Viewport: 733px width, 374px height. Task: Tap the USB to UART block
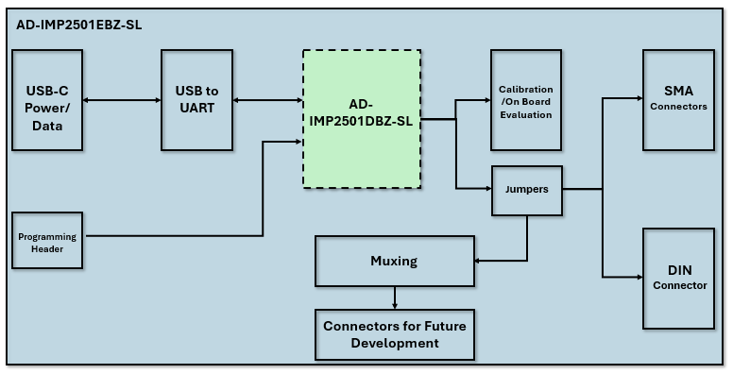[x=196, y=99]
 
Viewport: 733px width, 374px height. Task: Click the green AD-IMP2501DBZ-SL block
[x=361, y=119]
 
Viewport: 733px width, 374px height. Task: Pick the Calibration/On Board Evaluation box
[x=525, y=100]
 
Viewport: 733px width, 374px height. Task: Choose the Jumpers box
[x=526, y=189]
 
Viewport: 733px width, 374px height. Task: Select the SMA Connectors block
[x=678, y=99]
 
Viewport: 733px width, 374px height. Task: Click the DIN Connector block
[x=678, y=278]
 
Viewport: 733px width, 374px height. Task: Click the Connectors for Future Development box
[x=394, y=334]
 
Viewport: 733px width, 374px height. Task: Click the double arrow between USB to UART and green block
[x=267, y=99]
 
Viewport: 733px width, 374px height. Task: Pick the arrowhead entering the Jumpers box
[x=487, y=189]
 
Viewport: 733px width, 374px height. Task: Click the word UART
[x=196, y=108]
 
